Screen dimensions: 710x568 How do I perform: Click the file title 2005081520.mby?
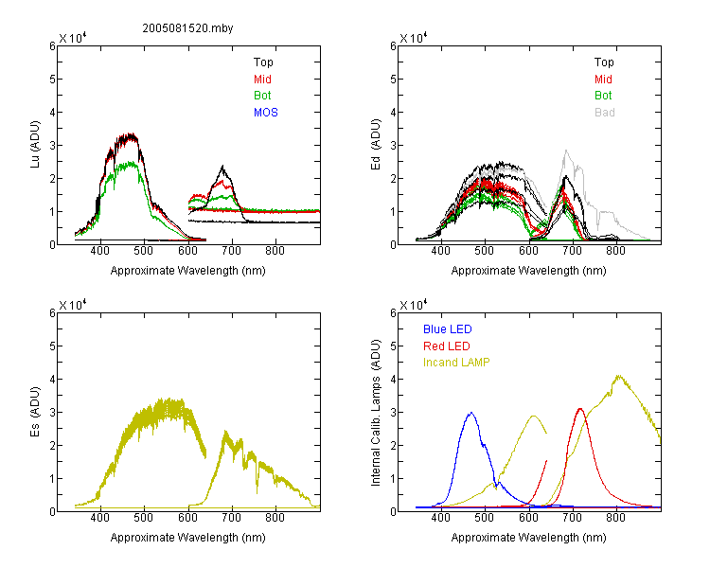click(x=187, y=28)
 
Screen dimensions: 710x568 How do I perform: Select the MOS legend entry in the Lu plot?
click(x=266, y=113)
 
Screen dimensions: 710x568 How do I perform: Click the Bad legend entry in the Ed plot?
click(x=605, y=113)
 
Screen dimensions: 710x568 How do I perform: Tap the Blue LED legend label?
click(x=448, y=329)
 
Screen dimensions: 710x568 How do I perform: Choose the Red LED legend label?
click(x=447, y=346)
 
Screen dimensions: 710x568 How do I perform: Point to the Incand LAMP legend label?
click(x=456, y=363)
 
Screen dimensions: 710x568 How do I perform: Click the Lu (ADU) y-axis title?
click(x=35, y=144)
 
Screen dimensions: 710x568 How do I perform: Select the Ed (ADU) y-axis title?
click(x=376, y=145)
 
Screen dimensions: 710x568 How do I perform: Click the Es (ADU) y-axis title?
click(x=35, y=411)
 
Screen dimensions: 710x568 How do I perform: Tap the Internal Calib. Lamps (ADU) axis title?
click(x=376, y=412)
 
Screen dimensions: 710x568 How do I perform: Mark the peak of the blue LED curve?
click(x=471, y=413)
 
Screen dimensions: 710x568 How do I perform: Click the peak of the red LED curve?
click(x=580, y=409)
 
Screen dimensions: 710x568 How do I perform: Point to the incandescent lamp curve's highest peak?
click(x=618, y=376)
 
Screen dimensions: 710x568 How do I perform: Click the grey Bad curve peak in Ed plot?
click(x=566, y=151)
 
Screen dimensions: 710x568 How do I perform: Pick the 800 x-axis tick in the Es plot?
click(x=275, y=518)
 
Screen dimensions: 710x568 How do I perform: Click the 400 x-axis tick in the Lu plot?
click(x=99, y=251)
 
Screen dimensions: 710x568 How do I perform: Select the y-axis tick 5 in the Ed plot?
click(x=394, y=80)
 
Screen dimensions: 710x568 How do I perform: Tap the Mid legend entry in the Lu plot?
click(x=262, y=80)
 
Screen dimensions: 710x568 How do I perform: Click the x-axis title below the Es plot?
click(x=188, y=538)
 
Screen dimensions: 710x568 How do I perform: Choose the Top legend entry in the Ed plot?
click(x=604, y=62)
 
